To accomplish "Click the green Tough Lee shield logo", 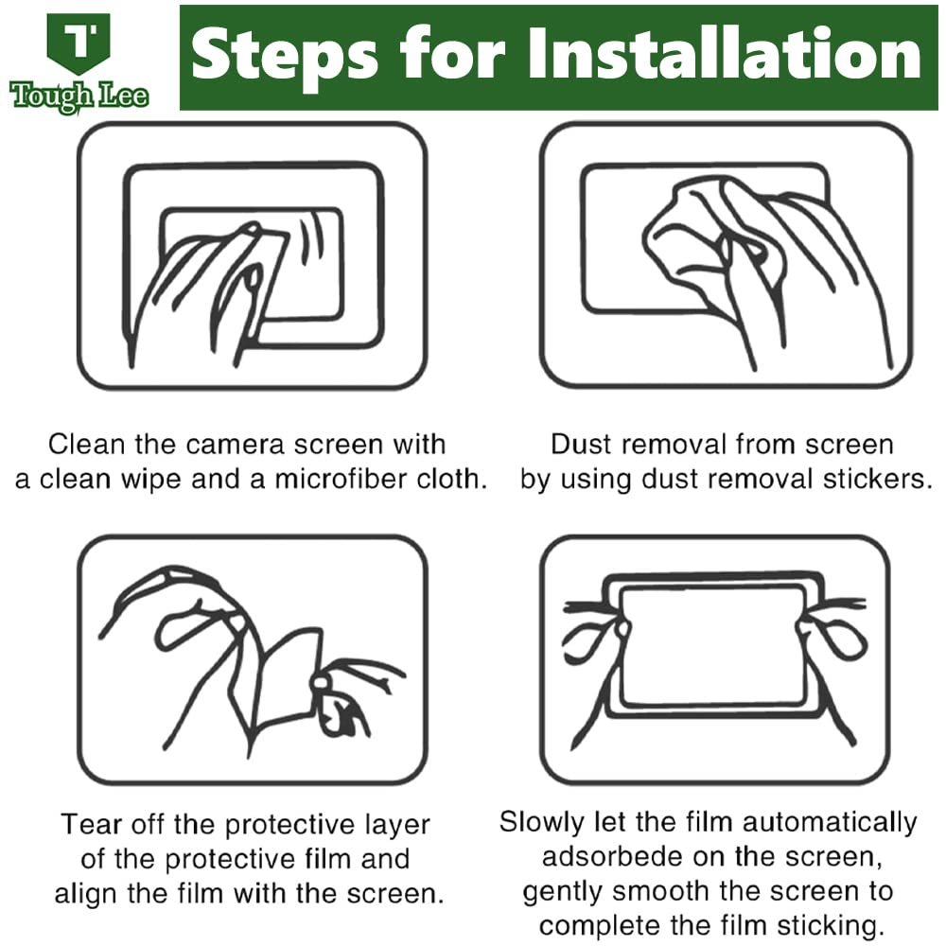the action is pos(79,44).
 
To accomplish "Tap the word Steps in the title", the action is pos(285,56).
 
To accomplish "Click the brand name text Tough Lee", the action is pos(79,96).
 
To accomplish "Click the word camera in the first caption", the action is pos(235,445).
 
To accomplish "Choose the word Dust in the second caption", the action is pos(581,445).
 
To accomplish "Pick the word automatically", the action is pos(830,823).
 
